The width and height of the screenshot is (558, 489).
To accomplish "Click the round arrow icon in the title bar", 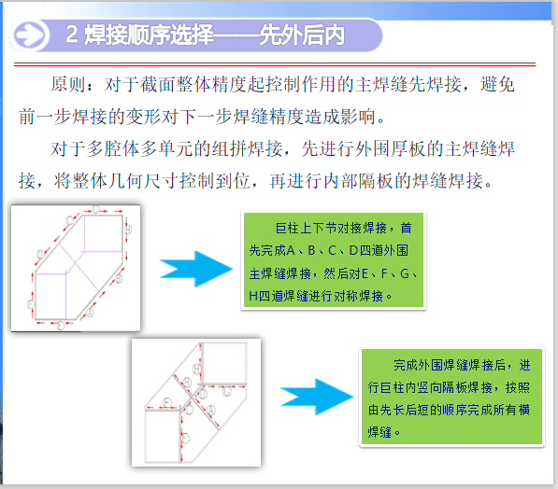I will (x=33, y=36).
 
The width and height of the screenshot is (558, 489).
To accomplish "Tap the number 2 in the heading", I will (x=74, y=36).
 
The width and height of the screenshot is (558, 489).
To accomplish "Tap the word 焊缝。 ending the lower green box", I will (x=384, y=432).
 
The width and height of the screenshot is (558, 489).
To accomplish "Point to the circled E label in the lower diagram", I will (x=166, y=402).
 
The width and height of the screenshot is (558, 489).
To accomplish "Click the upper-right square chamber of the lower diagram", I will (x=225, y=363).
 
